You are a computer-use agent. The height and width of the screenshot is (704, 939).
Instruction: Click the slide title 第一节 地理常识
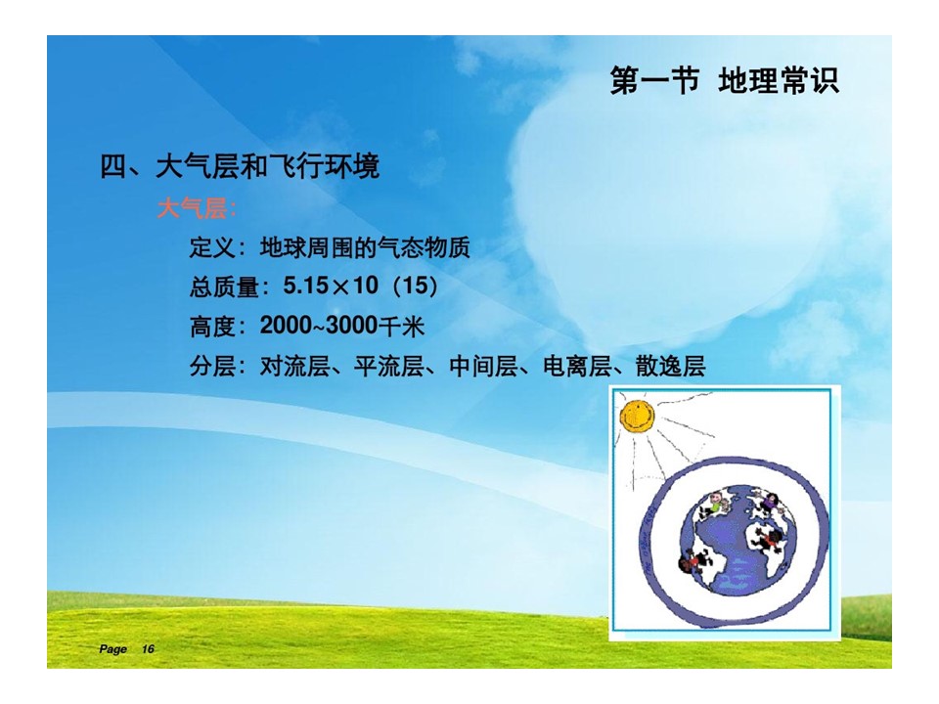pyautogui.click(x=724, y=81)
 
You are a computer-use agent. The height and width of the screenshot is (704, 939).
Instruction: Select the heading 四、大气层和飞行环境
pyautogui.click(x=240, y=166)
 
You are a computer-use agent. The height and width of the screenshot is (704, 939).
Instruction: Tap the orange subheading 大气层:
pyautogui.click(x=197, y=209)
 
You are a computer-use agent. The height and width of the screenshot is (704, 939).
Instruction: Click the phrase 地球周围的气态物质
pyautogui.click(x=365, y=247)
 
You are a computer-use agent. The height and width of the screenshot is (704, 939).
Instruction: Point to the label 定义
pyautogui.click(x=212, y=247)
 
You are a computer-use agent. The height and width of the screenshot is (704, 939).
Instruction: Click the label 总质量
pyautogui.click(x=224, y=286)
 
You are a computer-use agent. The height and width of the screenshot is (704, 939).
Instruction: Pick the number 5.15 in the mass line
pyautogui.click(x=305, y=286)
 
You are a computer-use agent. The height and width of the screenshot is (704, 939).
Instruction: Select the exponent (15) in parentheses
pyautogui.click(x=415, y=286)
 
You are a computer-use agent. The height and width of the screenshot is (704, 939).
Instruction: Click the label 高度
pyautogui.click(x=212, y=327)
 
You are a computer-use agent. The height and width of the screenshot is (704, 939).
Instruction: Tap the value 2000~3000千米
pyautogui.click(x=342, y=326)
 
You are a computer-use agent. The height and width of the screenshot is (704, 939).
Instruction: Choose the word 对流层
pyautogui.click(x=294, y=366)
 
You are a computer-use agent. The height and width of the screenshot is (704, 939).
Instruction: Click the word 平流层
pyautogui.click(x=389, y=366)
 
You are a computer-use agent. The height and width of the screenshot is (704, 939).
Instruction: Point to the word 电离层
pyautogui.click(x=578, y=366)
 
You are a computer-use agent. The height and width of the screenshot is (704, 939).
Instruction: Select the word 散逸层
pyautogui.click(x=671, y=366)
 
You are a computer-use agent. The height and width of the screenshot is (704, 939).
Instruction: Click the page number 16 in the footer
pyautogui.click(x=148, y=649)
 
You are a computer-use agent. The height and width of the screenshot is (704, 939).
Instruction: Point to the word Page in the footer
pyautogui.click(x=113, y=649)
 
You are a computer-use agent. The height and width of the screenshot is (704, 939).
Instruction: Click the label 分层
pyautogui.click(x=212, y=366)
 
